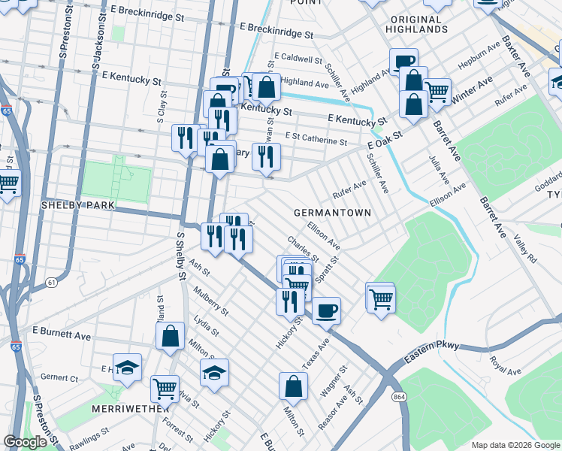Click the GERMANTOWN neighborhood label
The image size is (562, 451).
coord(332,213)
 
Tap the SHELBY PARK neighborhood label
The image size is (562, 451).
coord(77,204)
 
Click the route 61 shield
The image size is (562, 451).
coord(51,282)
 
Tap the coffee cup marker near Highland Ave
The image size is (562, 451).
coord(403,61)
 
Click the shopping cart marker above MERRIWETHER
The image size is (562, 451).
coord(165,388)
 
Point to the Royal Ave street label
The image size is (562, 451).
coord(504,366)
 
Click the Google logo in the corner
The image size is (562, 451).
coord(25,442)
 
